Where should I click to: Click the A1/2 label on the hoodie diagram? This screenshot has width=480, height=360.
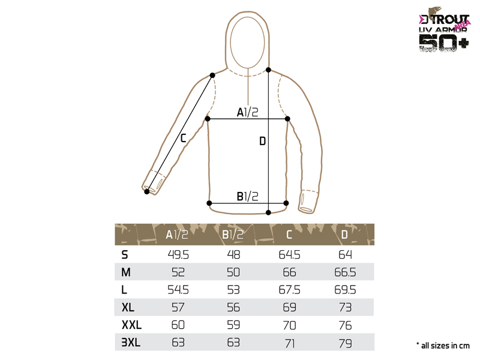[247, 112]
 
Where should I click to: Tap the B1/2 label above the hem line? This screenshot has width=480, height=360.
[247, 196]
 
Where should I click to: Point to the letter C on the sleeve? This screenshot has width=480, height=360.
[183, 138]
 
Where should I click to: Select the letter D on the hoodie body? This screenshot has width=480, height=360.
[262, 141]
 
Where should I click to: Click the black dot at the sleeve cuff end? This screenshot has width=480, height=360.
[147, 191]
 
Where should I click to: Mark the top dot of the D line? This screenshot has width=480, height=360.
[268, 70]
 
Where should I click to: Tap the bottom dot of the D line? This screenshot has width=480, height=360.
[268, 212]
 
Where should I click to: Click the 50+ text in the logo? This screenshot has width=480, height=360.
[443, 42]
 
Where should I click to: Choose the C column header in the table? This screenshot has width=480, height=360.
[289, 235]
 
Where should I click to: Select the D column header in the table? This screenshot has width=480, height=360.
[344, 235]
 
